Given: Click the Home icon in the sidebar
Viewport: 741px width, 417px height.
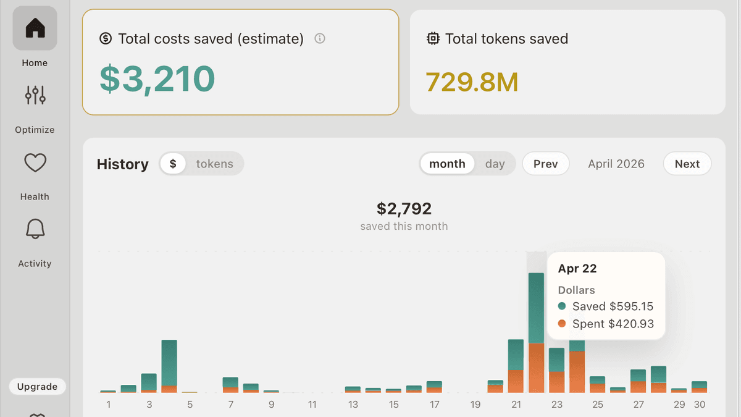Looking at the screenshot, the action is [x=35, y=28].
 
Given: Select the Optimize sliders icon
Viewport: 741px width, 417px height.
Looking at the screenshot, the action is [x=35, y=95].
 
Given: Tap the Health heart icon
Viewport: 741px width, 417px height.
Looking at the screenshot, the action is [x=35, y=162].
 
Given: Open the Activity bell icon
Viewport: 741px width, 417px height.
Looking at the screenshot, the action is [x=35, y=229].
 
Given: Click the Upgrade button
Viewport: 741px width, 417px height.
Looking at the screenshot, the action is [x=38, y=387].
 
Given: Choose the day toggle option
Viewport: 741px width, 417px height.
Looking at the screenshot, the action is [x=495, y=164].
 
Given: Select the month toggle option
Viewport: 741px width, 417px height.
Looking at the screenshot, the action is [x=447, y=164].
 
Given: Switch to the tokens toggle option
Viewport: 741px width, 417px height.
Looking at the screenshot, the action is [x=214, y=164].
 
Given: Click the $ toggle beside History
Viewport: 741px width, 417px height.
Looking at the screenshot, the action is [x=173, y=164].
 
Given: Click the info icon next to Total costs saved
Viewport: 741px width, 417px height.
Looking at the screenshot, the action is [x=320, y=38].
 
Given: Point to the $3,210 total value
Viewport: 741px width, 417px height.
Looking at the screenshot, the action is [x=157, y=79].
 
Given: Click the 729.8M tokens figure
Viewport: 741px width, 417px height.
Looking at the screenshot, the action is [x=472, y=82].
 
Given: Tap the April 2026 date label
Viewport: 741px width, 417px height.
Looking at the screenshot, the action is [x=616, y=164].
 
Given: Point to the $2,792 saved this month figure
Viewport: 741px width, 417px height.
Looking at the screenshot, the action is [x=404, y=209].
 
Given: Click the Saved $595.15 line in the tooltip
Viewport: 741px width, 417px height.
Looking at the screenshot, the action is [x=606, y=306].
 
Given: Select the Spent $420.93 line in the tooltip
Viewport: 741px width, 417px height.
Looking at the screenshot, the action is [x=606, y=324].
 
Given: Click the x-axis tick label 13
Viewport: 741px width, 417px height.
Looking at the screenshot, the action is [x=353, y=405].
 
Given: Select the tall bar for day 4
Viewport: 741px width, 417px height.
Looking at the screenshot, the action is [x=169, y=366].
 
